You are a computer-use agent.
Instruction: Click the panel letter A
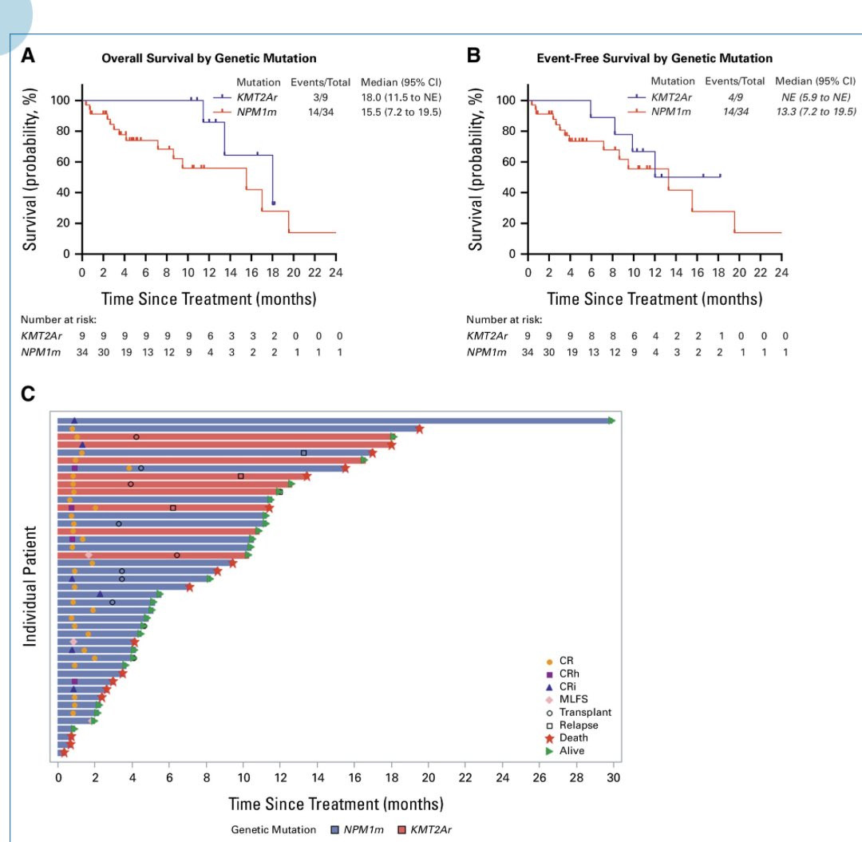28,56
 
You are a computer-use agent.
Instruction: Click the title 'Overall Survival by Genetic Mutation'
209,58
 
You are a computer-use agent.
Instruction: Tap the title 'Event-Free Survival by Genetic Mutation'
654,58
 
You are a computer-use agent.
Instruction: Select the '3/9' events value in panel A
321,97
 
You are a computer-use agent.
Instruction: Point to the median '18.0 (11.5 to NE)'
401,97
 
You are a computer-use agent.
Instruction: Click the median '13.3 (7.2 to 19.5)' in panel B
816,112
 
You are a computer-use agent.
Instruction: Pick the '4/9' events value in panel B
735,97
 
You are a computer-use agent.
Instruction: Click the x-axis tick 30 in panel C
613,777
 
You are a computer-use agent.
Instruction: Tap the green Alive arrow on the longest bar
611,421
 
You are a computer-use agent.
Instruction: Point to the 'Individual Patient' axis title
30,586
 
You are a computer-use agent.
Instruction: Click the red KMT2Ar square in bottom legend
401,829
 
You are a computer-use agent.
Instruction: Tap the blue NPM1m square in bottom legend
334,829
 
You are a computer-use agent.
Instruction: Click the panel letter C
27,394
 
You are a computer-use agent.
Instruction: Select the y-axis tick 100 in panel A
60,100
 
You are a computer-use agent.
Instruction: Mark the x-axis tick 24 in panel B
781,273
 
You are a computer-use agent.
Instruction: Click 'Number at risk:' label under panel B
504,319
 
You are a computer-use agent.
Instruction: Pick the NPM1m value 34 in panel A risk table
82,352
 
